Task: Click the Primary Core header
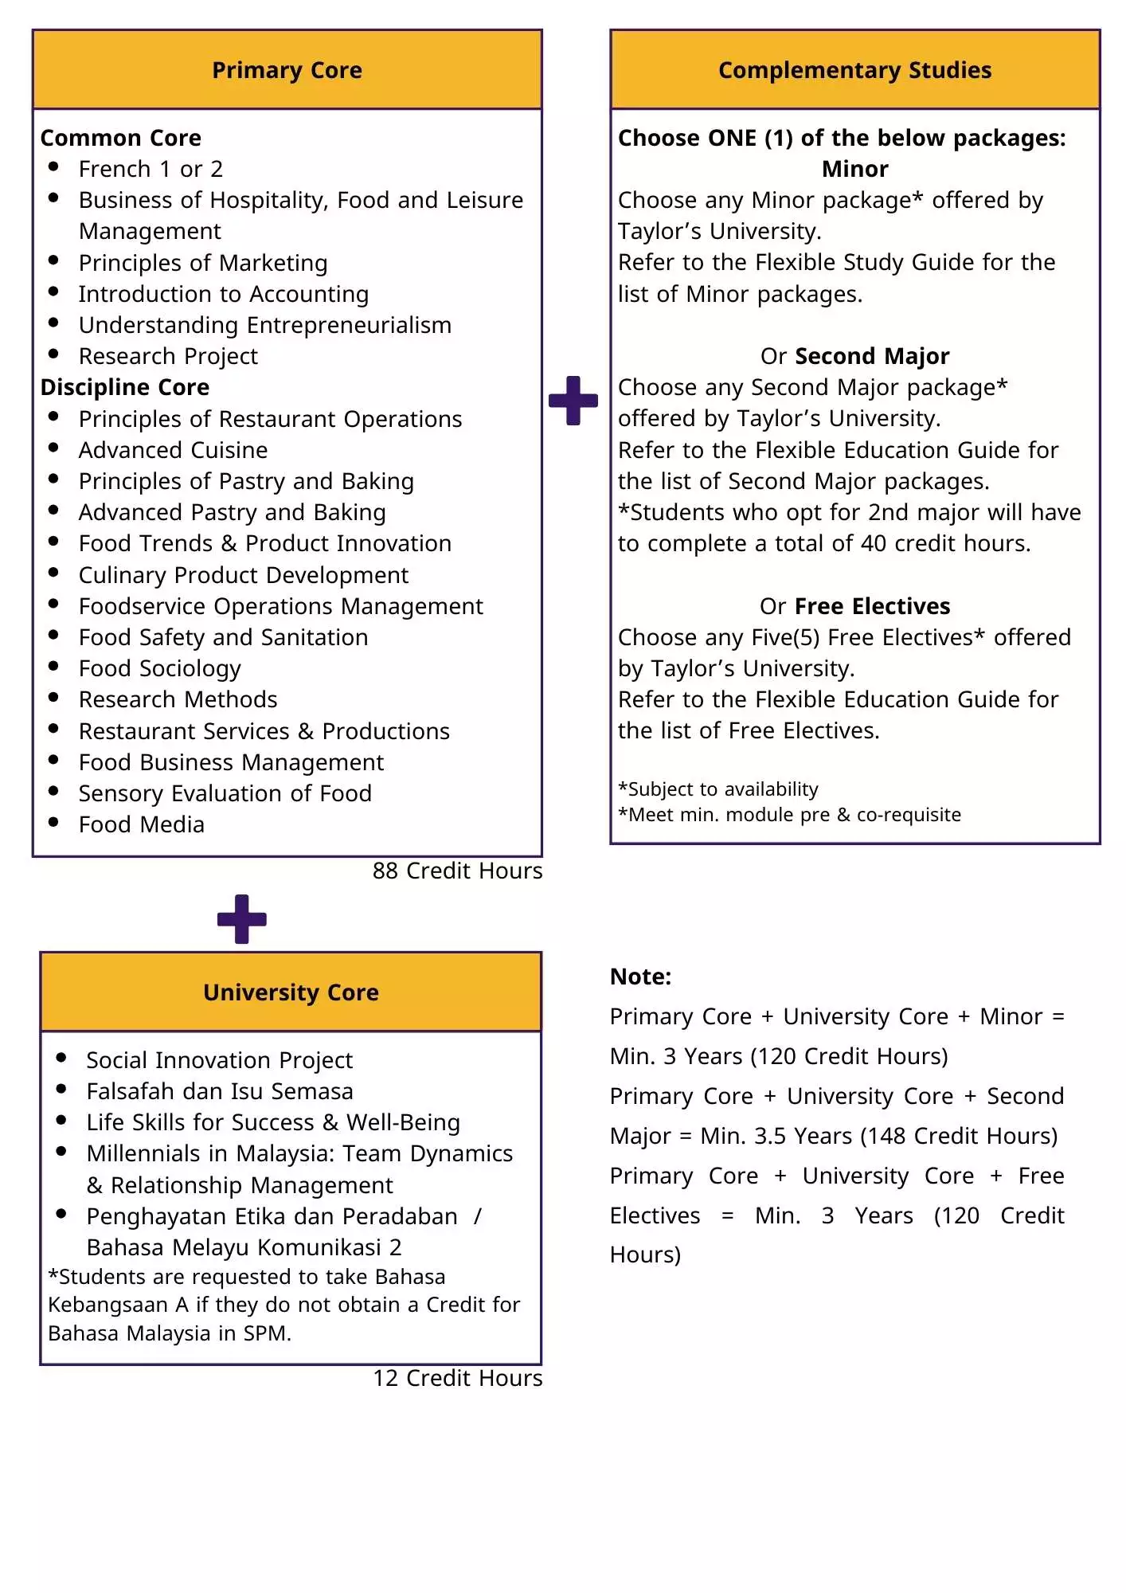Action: click(287, 70)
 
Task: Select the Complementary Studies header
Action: click(854, 70)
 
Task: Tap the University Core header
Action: click(291, 992)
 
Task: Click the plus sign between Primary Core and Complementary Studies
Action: click(573, 401)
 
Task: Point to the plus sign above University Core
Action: click(242, 919)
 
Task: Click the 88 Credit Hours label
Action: click(457, 871)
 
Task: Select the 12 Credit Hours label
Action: click(457, 1378)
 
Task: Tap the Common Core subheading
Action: click(121, 138)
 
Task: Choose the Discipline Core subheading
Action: click(125, 387)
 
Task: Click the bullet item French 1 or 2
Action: click(151, 169)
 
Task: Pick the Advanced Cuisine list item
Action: click(173, 450)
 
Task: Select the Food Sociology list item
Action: click(159, 668)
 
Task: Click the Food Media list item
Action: click(142, 824)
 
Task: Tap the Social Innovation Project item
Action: click(219, 1060)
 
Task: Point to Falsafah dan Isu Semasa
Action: click(219, 1091)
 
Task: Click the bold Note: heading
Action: click(640, 977)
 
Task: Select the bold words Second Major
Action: click(872, 356)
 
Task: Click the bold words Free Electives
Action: click(872, 606)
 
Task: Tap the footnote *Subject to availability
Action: click(718, 789)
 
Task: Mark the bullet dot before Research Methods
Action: click(53, 697)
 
